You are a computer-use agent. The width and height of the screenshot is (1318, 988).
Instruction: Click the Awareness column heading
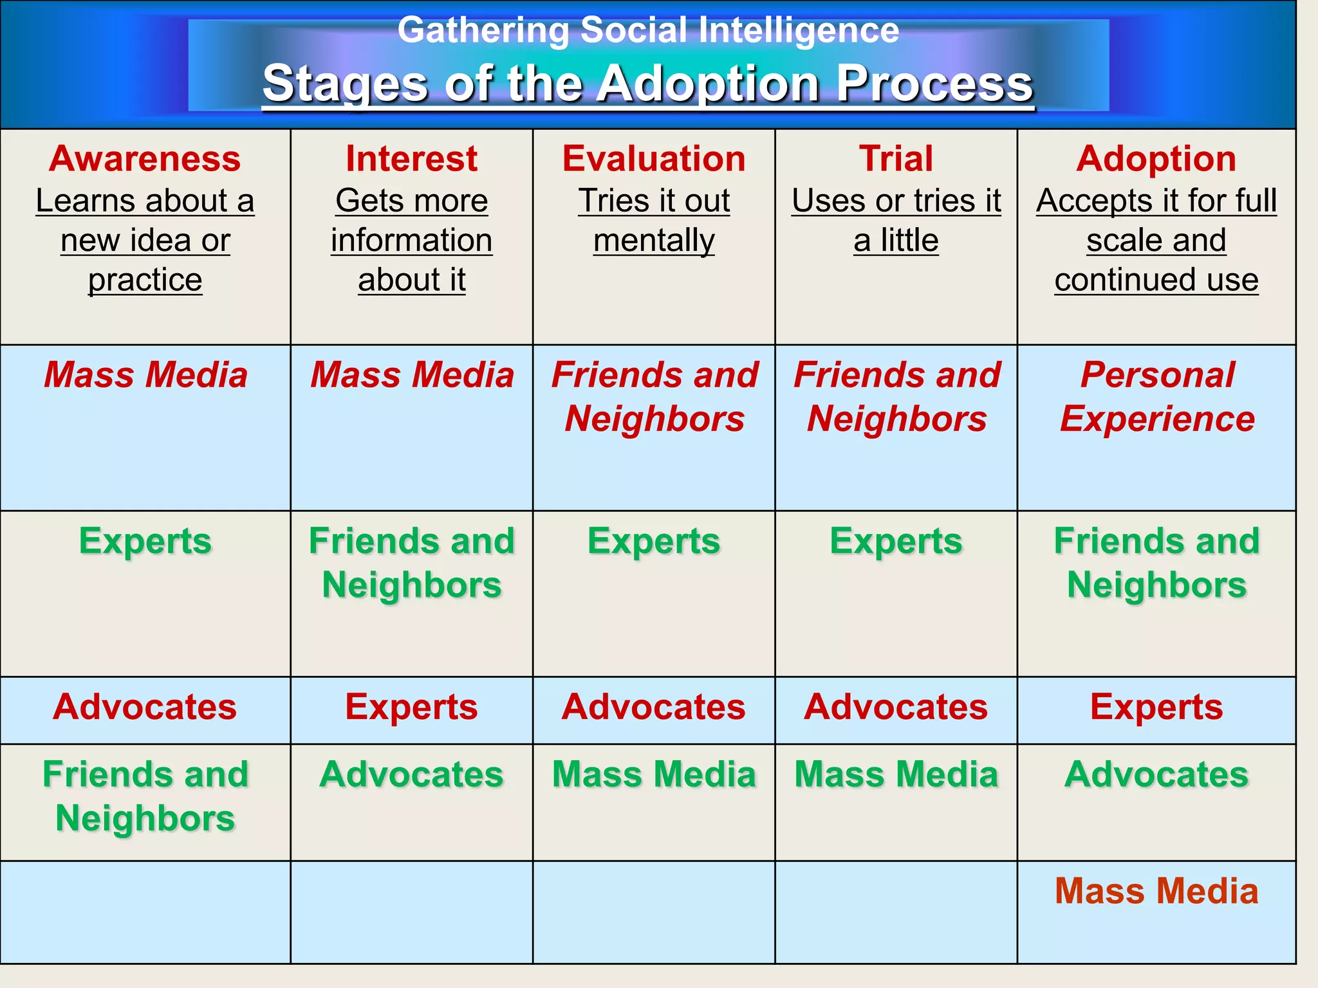pyautogui.click(x=145, y=159)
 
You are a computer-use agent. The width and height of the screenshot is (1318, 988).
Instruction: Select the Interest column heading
pyautogui.click(x=411, y=159)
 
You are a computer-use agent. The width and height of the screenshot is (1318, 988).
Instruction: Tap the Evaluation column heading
pyautogui.click(x=654, y=159)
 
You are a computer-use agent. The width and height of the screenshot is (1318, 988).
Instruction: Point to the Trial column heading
pyautogui.click(x=896, y=159)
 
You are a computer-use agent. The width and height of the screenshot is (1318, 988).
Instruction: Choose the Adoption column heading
pyautogui.click(x=1156, y=159)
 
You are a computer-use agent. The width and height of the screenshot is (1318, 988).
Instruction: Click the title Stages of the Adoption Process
pyautogui.click(x=648, y=84)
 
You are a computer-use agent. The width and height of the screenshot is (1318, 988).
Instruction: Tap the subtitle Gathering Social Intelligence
pyautogui.click(x=648, y=30)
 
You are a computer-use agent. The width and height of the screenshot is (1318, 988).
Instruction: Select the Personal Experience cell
pyautogui.click(x=1157, y=396)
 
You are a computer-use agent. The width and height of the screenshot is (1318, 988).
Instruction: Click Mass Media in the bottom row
pyautogui.click(x=1156, y=891)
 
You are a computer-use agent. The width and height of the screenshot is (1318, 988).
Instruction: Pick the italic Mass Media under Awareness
pyautogui.click(x=145, y=374)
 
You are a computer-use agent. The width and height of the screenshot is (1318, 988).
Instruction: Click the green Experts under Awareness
pyautogui.click(x=145, y=541)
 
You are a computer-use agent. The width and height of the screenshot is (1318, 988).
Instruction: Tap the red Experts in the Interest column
pyautogui.click(x=411, y=707)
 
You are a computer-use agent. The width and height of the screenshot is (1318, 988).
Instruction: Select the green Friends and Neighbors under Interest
pyautogui.click(x=411, y=563)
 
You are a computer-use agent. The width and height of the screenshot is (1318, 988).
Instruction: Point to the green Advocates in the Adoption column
pyautogui.click(x=1156, y=774)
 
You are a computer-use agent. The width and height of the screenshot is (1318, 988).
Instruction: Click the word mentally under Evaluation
pyautogui.click(x=654, y=241)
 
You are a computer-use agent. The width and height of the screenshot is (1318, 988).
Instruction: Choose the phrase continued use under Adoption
pyautogui.click(x=1156, y=280)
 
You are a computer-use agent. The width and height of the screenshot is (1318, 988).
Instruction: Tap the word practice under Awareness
pyautogui.click(x=145, y=280)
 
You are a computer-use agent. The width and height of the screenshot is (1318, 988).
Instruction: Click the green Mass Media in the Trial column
pyautogui.click(x=896, y=774)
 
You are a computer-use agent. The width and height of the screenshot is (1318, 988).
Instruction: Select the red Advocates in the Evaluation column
pyautogui.click(x=654, y=707)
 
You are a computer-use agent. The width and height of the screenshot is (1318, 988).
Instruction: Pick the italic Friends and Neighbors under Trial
pyautogui.click(x=896, y=396)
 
